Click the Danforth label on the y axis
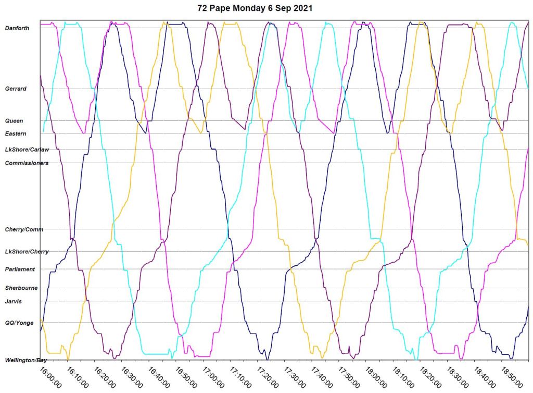click(x=17, y=28)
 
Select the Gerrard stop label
click(x=16, y=89)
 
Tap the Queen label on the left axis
click(x=14, y=121)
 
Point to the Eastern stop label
click(x=16, y=134)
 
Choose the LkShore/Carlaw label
click(x=27, y=150)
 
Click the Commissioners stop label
click(x=27, y=163)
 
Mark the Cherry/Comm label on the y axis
click(x=24, y=229)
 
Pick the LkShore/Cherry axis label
click(x=27, y=252)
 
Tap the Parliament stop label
click(x=20, y=269)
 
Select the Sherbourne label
click(x=20, y=288)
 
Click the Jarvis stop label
click(x=14, y=301)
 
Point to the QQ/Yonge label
click(x=19, y=323)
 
